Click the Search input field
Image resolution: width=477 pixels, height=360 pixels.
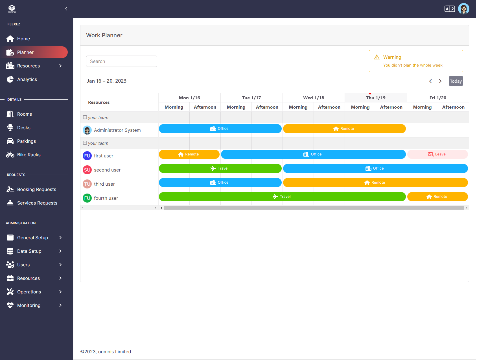pyautogui.click(x=121, y=61)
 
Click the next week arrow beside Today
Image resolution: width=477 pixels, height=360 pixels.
pyautogui.click(x=440, y=81)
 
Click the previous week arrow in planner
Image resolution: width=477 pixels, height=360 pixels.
pyautogui.click(x=430, y=81)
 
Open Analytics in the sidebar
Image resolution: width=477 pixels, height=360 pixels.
pyautogui.click(x=27, y=79)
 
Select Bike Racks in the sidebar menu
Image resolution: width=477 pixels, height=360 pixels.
pyautogui.click(x=29, y=155)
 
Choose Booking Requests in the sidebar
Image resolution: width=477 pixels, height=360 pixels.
pyautogui.click(x=36, y=189)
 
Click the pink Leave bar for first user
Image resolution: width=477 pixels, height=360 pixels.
pyautogui.click(x=437, y=154)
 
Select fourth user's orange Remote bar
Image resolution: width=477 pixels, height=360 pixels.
pyautogui.click(x=437, y=197)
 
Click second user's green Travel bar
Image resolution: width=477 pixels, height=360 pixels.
pyautogui.click(x=220, y=168)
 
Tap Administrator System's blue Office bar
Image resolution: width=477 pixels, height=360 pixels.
pyautogui.click(x=220, y=129)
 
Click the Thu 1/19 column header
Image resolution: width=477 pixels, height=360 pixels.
pyautogui.click(x=375, y=98)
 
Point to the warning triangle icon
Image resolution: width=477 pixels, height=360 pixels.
pyautogui.click(x=377, y=57)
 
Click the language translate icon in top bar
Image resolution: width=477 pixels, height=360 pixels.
pyautogui.click(x=449, y=9)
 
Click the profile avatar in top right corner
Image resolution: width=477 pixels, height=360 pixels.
pyautogui.click(x=463, y=9)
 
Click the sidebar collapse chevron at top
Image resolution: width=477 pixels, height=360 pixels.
pyautogui.click(x=66, y=9)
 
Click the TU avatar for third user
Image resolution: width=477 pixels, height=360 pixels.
pyautogui.click(x=87, y=184)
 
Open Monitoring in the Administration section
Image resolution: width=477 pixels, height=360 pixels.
pyautogui.click(x=29, y=305)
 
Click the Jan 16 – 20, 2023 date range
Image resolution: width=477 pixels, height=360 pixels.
pyautogui.click(x=107, y=81)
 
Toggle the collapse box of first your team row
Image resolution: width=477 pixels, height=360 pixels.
pyautogui.click(x=85, y=117)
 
